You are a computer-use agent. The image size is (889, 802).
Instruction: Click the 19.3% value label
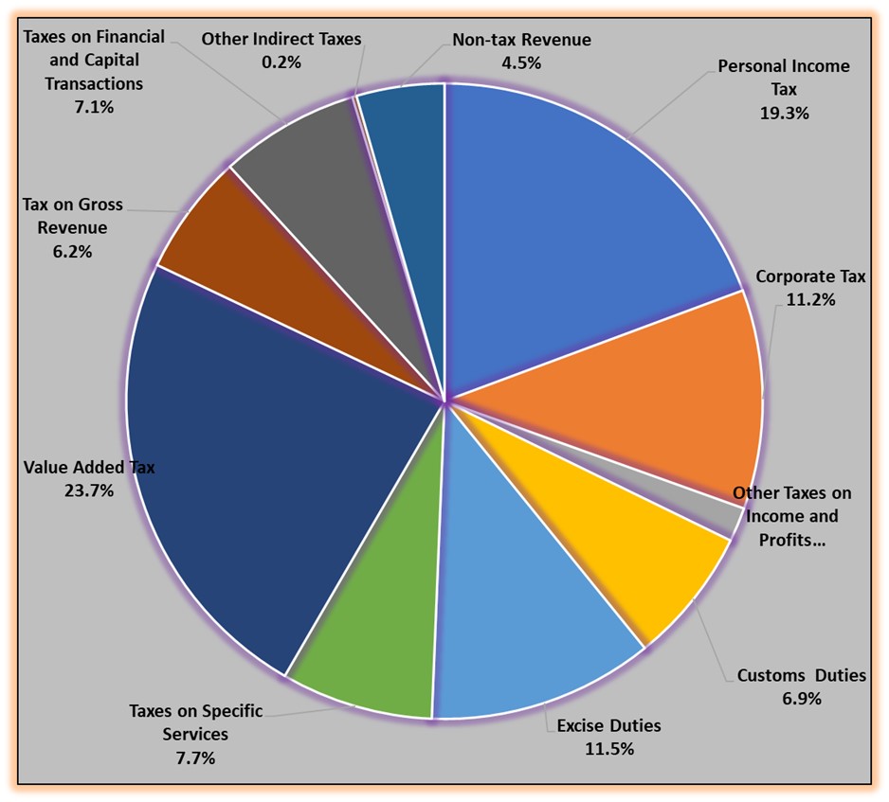point(784,112)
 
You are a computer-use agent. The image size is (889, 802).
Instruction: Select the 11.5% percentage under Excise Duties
point(608,748)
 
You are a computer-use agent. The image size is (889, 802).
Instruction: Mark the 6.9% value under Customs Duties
point(801,699)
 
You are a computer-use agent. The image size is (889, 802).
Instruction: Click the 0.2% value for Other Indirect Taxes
point(281,62)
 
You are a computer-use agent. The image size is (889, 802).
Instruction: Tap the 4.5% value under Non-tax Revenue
point(521,62)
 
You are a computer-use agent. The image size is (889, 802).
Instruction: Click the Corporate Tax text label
point(810,276)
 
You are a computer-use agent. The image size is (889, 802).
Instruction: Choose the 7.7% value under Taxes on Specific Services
point(195,757)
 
